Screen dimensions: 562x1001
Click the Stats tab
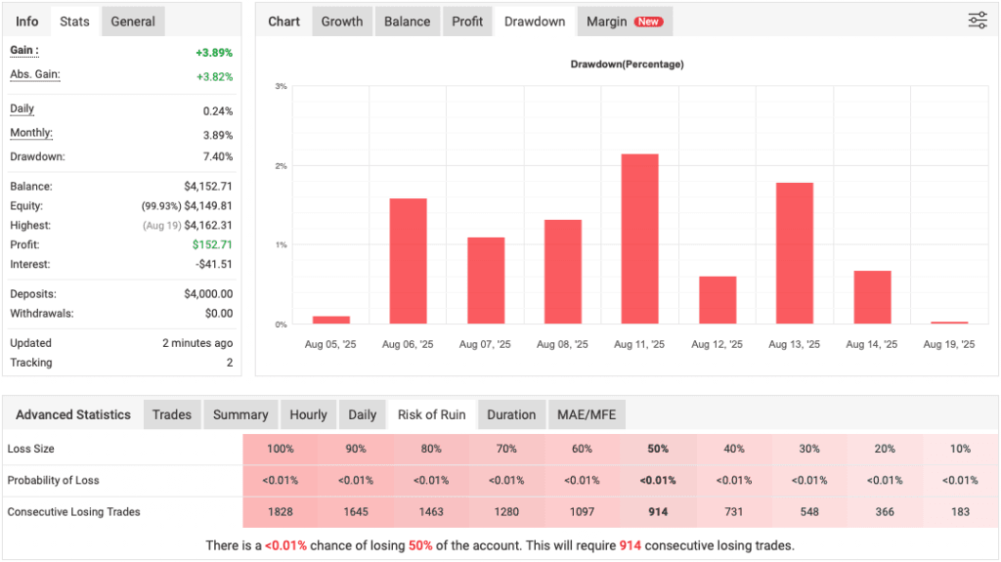click(x=74, y=22)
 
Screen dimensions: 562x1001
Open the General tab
click(x=133, y=22)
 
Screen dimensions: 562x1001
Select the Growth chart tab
click(x=342, y=22)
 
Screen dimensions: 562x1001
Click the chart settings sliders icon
click(x=978, y=21)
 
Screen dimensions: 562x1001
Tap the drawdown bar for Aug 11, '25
click(x=639, y=238)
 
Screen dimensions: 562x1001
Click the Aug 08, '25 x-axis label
click(x=562, y=344)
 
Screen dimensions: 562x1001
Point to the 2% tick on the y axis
click(x=281, y=166)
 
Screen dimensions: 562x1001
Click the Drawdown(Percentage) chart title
click(x=627, y=65)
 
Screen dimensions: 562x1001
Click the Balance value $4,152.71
click(x=208, y=187)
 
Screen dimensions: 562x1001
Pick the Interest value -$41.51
click(x=211, y=265)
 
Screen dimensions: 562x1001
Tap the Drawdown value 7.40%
click(x=217, y=157)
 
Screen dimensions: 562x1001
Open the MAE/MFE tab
click(x=587, y=414)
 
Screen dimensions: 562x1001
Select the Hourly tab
click(x=308, y=414)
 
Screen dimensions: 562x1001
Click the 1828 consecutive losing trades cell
click(x=280, y=512)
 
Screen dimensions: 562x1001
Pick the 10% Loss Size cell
click(x=960, y=449)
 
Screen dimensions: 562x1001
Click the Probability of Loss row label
click(x=53, y=481)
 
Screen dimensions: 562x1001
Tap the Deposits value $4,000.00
click(x=208, y=294)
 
